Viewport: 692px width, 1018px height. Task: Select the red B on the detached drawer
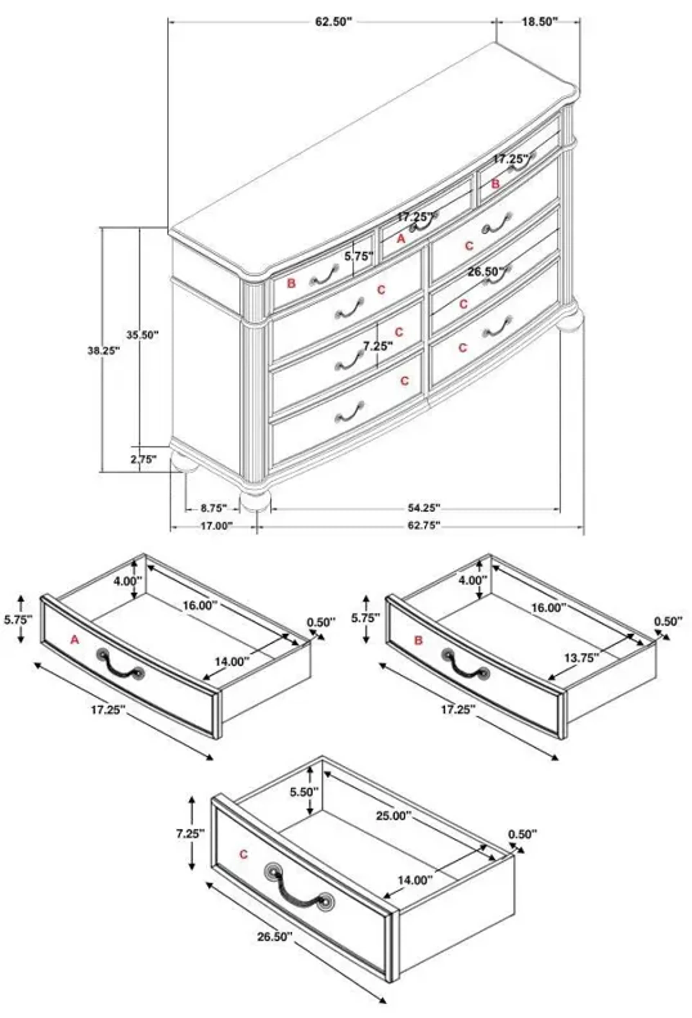point(418,640)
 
